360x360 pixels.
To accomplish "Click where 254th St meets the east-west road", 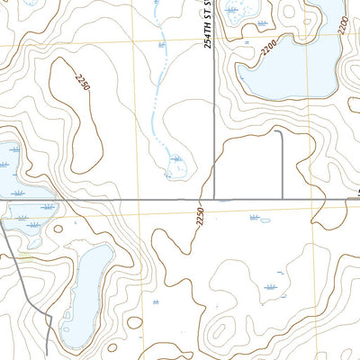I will [213, 199].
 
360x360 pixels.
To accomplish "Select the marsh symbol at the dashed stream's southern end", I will [177, 159].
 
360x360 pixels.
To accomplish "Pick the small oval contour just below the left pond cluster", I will [58, 229].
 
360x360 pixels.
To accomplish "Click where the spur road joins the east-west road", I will [283, 199].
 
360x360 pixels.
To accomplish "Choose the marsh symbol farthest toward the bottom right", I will [271, 288].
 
